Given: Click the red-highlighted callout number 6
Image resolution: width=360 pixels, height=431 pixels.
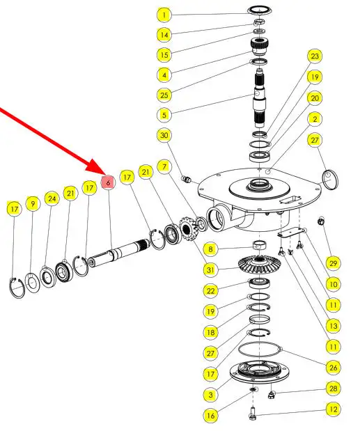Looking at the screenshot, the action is click(108, 182).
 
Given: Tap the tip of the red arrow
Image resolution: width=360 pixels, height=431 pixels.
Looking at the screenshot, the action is click(104, 174).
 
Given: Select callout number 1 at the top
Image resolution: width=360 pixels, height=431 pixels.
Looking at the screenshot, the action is click(164, 15).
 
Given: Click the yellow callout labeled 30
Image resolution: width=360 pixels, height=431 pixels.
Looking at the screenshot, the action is click(164, 135).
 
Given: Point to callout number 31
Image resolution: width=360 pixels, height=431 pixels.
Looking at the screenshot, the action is click(210, 269).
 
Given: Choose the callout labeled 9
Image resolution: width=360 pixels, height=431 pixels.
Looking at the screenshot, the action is click(33, 204).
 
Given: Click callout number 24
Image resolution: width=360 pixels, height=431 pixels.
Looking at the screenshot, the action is click(52, 198).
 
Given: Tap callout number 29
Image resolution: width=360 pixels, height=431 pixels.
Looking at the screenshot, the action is click(333, 263).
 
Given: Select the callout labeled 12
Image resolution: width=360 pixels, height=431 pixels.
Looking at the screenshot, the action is click(333, 409).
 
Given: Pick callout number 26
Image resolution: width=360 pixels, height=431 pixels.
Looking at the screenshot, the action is click(333, 368).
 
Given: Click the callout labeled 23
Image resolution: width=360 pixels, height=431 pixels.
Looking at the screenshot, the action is click(314, 56).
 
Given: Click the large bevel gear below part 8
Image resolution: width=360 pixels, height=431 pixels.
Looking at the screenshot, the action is click(259, 265).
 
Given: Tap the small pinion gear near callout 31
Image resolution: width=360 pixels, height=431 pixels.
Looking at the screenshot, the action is click(188, 228).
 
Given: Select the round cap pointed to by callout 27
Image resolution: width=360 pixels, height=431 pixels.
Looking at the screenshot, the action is click(330, 180).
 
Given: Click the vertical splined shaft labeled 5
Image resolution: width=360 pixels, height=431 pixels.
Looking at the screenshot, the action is click(260, 98).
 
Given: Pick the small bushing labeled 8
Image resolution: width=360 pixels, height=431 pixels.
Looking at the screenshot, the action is click(260, 245).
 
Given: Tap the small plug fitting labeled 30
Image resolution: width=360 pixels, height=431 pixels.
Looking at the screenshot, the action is click(187, 180).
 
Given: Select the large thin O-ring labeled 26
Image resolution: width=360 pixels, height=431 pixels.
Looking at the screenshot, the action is click(259, 350).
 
